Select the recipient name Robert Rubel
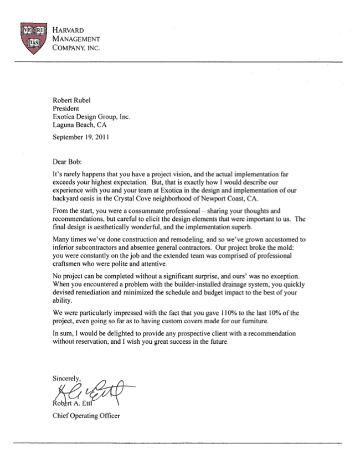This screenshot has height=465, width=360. pyautogui.click(x=73, y=100)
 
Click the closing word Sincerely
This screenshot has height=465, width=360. pyautogui.click(x=66, y=378)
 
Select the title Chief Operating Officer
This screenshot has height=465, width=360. pyautogui.click(x=86, y=415)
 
